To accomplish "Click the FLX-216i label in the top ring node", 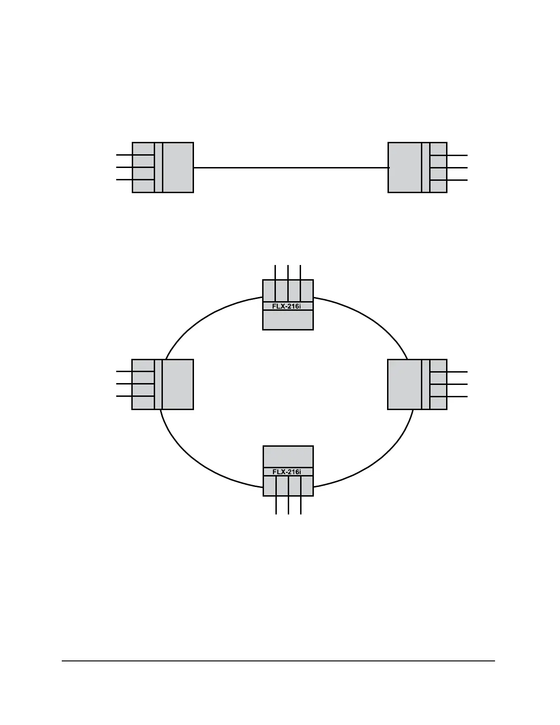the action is pos(287,306).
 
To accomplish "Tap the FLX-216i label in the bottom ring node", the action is pos(287,472).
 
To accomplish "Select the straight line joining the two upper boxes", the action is pos(291,168).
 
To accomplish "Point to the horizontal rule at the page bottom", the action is pos(278,661).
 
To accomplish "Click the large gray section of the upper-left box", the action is pos(178,168).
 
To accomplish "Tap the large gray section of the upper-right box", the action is pos(404,168).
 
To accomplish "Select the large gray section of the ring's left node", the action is pos(178,384).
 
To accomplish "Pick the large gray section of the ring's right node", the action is pos(404,384).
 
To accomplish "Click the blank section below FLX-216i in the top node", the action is pos(288,320).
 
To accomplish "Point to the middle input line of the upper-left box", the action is pos(124,168).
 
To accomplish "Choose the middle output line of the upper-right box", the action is pos(457,168).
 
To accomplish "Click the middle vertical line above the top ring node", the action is pos(288,272).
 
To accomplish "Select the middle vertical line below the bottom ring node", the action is pos(288,505).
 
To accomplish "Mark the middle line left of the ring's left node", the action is pos(124,384).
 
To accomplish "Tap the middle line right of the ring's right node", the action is pos(457,384).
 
